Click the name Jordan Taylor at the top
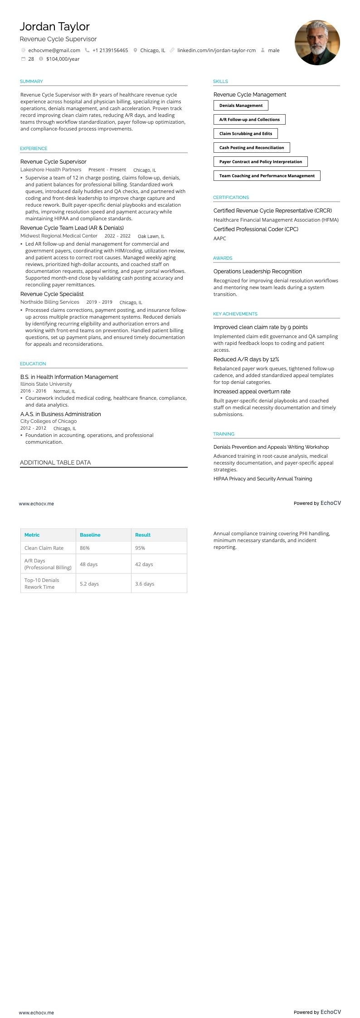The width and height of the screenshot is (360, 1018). click(x=54, y=27)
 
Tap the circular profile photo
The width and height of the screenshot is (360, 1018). click(x=317, y=43)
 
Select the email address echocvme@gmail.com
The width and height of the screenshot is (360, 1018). click(x=54, y=50)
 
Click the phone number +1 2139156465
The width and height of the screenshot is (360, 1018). click(x=110, y=50)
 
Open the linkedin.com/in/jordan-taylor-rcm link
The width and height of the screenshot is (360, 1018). click(x=216, y=50)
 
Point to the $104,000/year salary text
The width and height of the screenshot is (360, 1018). click(x=63, y=59)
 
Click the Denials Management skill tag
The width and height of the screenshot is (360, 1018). click(x=241, y=106)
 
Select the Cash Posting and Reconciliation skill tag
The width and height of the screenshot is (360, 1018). click(x=252, y=148)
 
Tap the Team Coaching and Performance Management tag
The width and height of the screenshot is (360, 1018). click(x=267, y=176)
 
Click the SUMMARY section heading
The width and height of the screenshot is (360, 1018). click(x=31, y=82)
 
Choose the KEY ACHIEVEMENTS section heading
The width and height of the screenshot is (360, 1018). click(x=235, y=314)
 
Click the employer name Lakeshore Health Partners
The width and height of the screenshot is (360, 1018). click(x=51, y=170)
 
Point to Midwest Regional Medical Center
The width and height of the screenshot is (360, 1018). click(x=59, y=236)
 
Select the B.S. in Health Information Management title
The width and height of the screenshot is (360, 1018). click(x=69, y=377)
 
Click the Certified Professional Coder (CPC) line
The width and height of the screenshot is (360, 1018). click(x=256, y=229)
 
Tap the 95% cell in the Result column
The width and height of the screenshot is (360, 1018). click(x=140, y=548)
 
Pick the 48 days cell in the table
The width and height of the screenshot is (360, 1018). click(x=89, y=564)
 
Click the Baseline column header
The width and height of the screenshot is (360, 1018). click(x=90, y=535)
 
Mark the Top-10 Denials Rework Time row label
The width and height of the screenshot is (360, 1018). click(x=42, y=584)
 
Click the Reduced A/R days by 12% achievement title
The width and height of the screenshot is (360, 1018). click(x=246, y=359)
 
